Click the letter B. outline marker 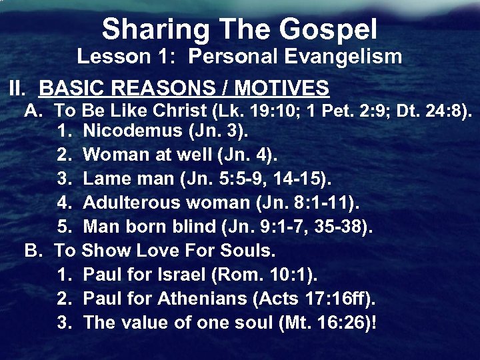coord(33,251)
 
